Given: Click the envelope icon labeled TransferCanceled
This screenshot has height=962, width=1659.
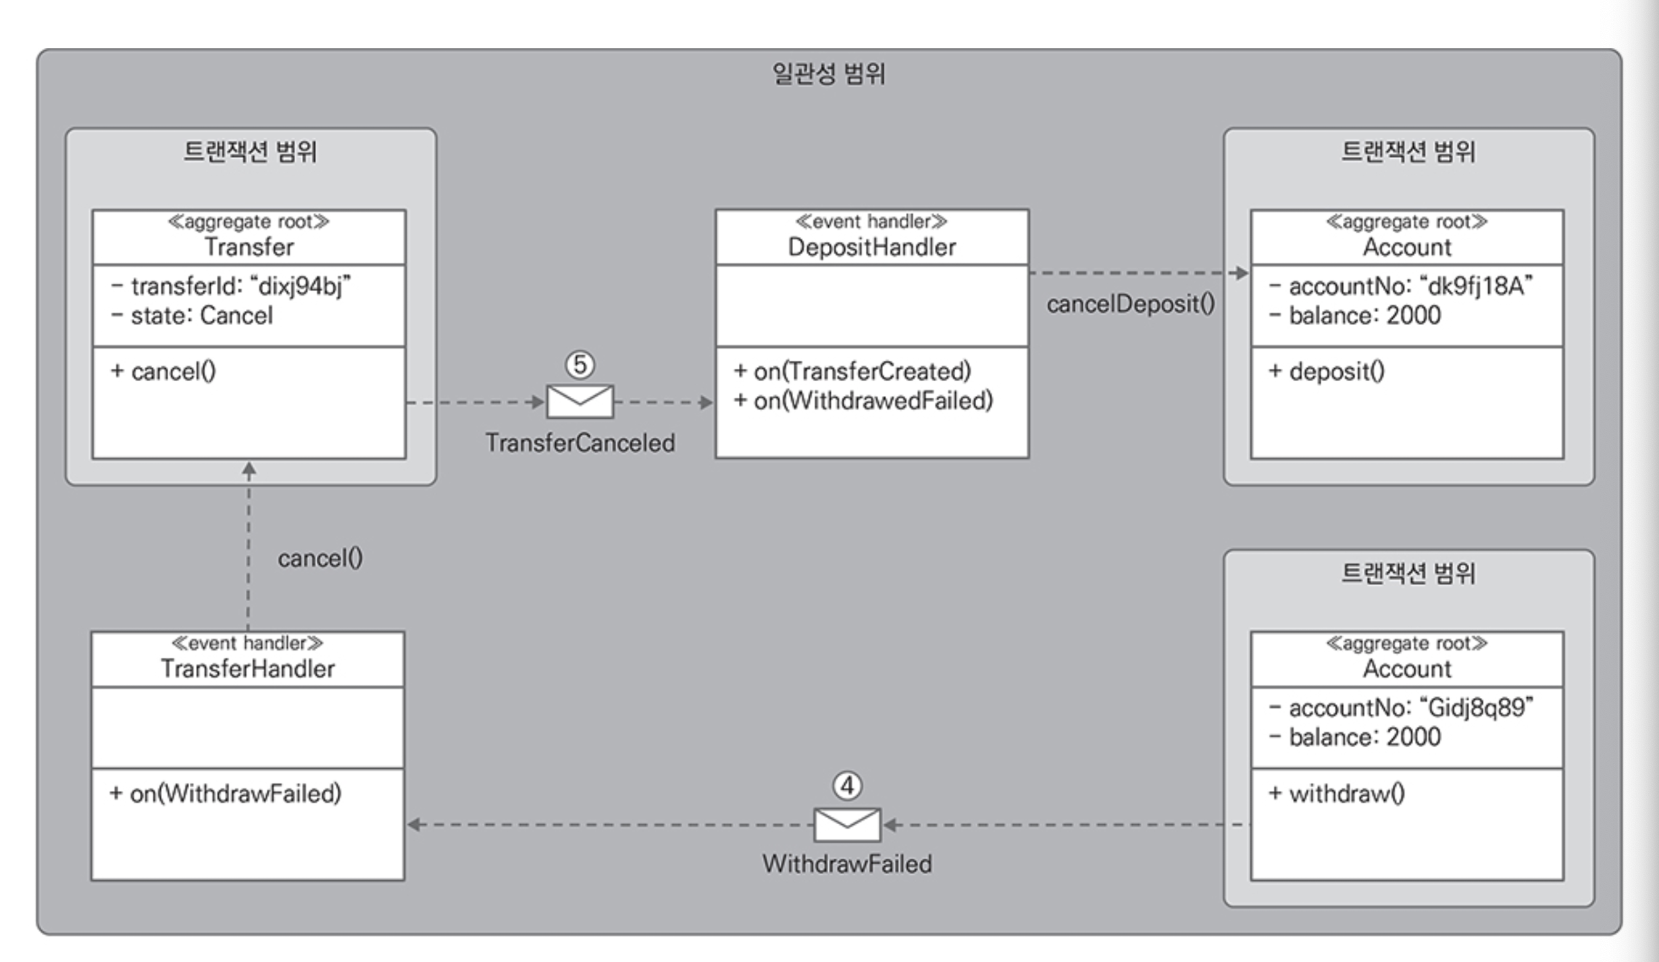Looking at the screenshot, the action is (x=580, y=402).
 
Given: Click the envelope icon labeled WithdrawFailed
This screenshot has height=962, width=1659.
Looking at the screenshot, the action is (x=847, y=824).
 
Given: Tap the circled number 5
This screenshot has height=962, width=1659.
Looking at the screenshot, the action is (x=580, y=365).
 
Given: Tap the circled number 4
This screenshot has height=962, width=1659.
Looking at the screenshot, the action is (x=847, y=786).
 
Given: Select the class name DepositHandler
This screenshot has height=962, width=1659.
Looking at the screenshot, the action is (x=872, y=247).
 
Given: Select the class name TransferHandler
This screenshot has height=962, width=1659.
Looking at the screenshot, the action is (x=248, y=669).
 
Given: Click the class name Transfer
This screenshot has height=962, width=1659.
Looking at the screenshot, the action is (x=249, y=247).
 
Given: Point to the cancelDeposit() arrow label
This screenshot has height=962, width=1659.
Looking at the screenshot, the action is (x=1131, y=304).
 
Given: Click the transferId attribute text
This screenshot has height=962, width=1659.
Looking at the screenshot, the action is (x=231, y=286).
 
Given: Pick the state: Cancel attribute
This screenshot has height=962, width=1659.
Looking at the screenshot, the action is (x=192, y=315).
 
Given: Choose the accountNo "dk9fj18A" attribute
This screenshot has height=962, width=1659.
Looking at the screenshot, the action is (x=1402, y=286).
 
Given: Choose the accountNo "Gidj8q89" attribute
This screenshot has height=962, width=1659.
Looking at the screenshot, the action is (x=1402, y=708).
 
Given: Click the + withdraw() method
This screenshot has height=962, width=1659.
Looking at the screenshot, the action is (x=1337, y=793).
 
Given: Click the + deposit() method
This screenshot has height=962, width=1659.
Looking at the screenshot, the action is (x=1327, y=372).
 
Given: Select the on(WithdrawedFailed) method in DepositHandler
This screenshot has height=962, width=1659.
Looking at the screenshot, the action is (x=863, y=401).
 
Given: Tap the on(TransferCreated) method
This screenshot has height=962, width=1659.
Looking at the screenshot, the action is (x=852, y=372).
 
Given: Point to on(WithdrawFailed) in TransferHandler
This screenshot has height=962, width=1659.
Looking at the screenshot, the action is (x=226, y=793).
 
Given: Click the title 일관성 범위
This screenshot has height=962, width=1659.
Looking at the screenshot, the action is (x=829, y=74).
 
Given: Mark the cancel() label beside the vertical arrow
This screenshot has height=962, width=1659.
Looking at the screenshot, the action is (x=320, y=559).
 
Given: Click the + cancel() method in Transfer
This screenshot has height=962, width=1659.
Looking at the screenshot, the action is (x=163, y=372).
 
